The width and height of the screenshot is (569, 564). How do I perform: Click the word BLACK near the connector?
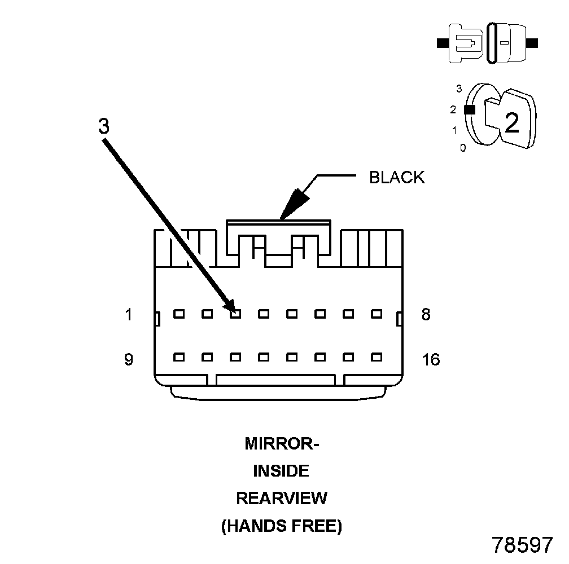(x=396, y=177)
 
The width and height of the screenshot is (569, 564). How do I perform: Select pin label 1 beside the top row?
(x=129, y=314)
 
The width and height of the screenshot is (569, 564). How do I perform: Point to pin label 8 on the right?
(x=426, y=314)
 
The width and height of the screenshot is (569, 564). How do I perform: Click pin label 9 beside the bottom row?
(x=129, y=359)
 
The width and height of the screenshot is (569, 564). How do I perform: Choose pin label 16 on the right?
(x=431, y=359)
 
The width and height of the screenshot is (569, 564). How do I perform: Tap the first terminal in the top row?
(x=180, y=314)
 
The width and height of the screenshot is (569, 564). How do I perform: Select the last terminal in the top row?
(x=377, y=314)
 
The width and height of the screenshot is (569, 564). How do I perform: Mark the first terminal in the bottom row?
(x=180, y=357)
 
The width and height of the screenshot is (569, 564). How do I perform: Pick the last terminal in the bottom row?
(x=377, y=357)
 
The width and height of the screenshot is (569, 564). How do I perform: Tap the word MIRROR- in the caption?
(x=282, y=444)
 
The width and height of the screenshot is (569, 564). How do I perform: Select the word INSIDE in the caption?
(x=281, y=471)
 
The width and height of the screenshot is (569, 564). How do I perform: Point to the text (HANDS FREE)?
(x=281, y=526)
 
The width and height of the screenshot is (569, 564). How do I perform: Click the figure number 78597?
(x=522, y=544)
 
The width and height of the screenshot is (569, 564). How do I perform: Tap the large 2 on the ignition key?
(x=511, y=122)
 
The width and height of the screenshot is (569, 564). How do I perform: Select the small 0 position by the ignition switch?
(x=463, y=148)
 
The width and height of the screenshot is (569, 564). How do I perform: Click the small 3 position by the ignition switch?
(x=459, y=89)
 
